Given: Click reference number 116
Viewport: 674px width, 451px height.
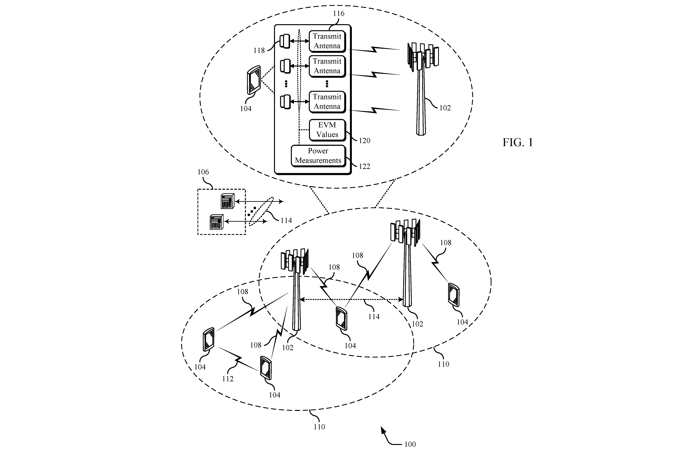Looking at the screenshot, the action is pos(339,14).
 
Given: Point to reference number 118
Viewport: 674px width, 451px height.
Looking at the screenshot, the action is pos(259,51).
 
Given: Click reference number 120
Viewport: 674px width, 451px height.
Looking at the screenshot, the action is pos(364,141).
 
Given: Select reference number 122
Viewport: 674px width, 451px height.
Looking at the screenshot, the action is pos(364,167).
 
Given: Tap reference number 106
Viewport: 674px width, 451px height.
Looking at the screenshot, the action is pos(203,172).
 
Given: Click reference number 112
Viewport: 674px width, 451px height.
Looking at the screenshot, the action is pos(228,379).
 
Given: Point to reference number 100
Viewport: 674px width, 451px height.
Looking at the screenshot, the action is pos(410,444).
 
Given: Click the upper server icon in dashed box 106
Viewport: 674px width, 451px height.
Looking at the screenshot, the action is pos(227,201).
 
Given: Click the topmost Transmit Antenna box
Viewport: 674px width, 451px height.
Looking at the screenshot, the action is pos(327,41).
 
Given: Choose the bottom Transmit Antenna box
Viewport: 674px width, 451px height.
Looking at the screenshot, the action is pos(327,102).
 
